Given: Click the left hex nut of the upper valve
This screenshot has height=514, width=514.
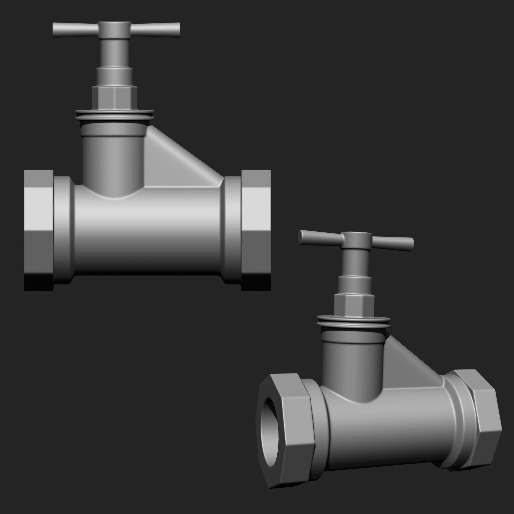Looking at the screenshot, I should click(39, 230).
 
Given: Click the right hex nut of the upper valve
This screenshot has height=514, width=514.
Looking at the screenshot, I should click(256, 230).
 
